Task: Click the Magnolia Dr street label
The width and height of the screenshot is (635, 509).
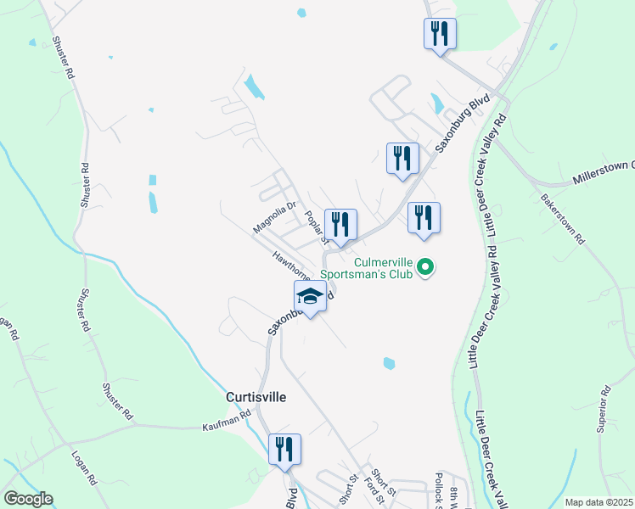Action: pyautogui.click(x=273, y=216)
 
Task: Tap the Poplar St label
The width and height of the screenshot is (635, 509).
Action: pyautogui.click(x=316, y=225)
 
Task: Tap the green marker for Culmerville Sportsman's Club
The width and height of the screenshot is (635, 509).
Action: pyautogui.click(x=428, y=270)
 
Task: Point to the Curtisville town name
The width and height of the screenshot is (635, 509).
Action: pyautogui.click(x=256, y=396)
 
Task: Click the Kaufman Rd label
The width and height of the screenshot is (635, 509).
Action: pyautogui.click(x=228, y=419)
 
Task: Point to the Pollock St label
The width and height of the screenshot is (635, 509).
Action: pyautogui.click(x=439, y=491)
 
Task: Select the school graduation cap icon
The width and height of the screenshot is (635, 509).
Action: pyautogui.click(x=310, y=298)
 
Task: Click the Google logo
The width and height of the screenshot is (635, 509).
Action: pyautogui.click(x=28, y=499)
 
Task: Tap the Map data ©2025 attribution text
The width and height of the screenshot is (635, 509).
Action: pyautogui.click(x=598, y=502)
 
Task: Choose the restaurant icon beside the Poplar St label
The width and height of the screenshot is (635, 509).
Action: pyautogui.click(x=340, y=225)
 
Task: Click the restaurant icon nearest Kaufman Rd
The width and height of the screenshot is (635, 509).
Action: pyautogui.click(x=284, y=449)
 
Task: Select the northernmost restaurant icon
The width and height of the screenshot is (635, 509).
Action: pyautogui.click(x=440, y=34)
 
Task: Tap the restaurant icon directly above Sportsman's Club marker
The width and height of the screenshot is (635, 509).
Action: pyautogui.click(x=424, y=218)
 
